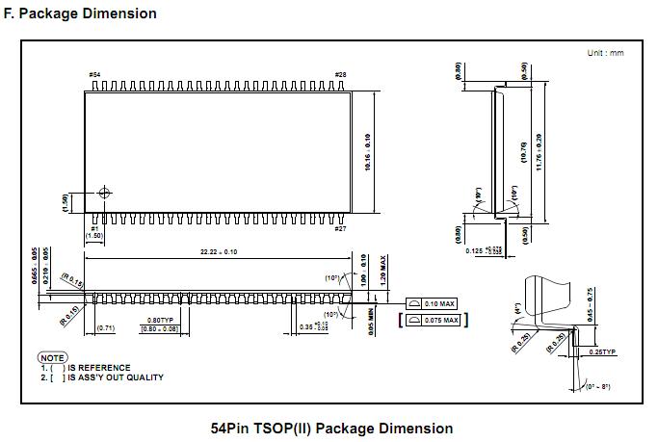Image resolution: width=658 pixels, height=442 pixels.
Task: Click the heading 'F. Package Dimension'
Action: (80, 14)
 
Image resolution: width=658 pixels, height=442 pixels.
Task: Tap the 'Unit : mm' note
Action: (605, 53)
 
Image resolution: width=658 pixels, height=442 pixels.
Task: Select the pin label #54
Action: (93, 74)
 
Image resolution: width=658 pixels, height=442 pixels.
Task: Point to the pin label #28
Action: (340, 74)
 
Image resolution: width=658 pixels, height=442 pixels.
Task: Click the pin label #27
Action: (340, 228)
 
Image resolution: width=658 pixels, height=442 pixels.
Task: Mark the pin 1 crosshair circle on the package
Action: (104, 193)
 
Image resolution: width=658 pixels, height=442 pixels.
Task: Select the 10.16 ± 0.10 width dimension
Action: (367, 152)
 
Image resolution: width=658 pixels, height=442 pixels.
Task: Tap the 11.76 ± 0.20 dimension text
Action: (538, 151)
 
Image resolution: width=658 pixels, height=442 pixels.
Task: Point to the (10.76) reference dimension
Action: (523, 151)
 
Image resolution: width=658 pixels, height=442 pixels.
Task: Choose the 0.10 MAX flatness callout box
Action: (432, 303)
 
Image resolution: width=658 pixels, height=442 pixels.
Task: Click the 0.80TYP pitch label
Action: (160, 320)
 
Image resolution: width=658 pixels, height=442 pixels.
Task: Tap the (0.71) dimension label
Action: (106, 328)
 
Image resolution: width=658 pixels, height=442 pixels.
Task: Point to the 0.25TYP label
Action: (602, 352)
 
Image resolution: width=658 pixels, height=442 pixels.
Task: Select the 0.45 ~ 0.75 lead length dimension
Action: (590, 305)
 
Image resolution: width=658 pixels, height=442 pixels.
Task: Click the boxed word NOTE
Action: (52, 357)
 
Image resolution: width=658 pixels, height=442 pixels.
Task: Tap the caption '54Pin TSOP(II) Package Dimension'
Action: (331, 428)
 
